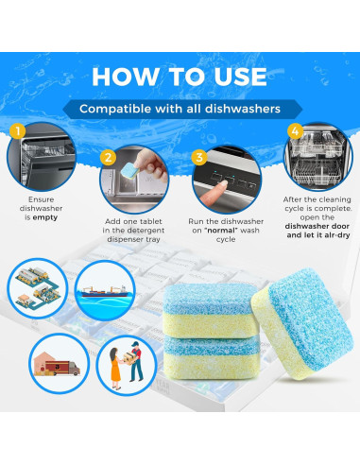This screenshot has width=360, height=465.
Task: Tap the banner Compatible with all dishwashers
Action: click(x=180, y=109)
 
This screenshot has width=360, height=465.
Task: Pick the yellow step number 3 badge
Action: click(x=199, y=157)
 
